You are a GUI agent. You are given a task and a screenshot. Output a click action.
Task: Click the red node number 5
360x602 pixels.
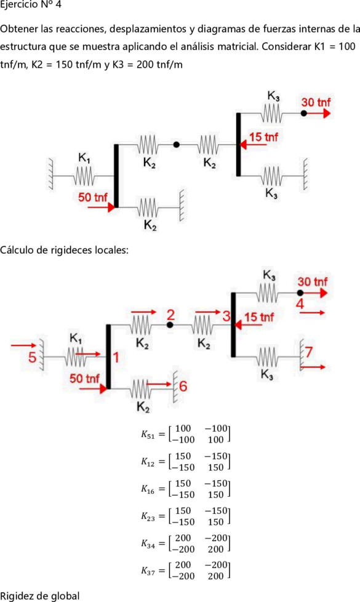point(32,358)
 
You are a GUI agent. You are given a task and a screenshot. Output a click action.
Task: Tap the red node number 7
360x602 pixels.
point(310,351)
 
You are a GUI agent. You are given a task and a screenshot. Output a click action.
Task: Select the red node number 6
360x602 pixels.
point(183,386)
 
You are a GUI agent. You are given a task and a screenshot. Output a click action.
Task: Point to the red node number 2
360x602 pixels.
point(170,315)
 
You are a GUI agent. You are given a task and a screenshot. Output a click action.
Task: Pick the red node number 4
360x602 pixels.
point(300,303)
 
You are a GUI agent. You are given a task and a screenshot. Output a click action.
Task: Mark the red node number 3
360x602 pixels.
point(226,316)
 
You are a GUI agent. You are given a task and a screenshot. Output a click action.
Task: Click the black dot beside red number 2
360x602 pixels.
point(170,325)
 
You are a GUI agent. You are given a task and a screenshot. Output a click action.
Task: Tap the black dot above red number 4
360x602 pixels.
point(300,293)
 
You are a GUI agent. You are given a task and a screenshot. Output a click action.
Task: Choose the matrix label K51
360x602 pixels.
point(147,435)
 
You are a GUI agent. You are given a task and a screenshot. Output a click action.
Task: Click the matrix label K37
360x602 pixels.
point(147,571)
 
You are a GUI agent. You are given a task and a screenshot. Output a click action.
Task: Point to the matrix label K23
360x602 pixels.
point(147,517)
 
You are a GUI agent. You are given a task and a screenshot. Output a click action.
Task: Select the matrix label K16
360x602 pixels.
point(147,489)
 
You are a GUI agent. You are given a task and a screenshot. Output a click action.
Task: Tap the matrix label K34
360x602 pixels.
point(147,544)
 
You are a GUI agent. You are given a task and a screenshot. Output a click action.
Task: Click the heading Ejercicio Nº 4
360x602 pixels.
point(31,5)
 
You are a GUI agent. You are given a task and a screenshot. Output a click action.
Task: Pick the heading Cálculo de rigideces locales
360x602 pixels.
point(65,251)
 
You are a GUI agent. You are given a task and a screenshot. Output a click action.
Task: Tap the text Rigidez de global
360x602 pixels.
point(40,596)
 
